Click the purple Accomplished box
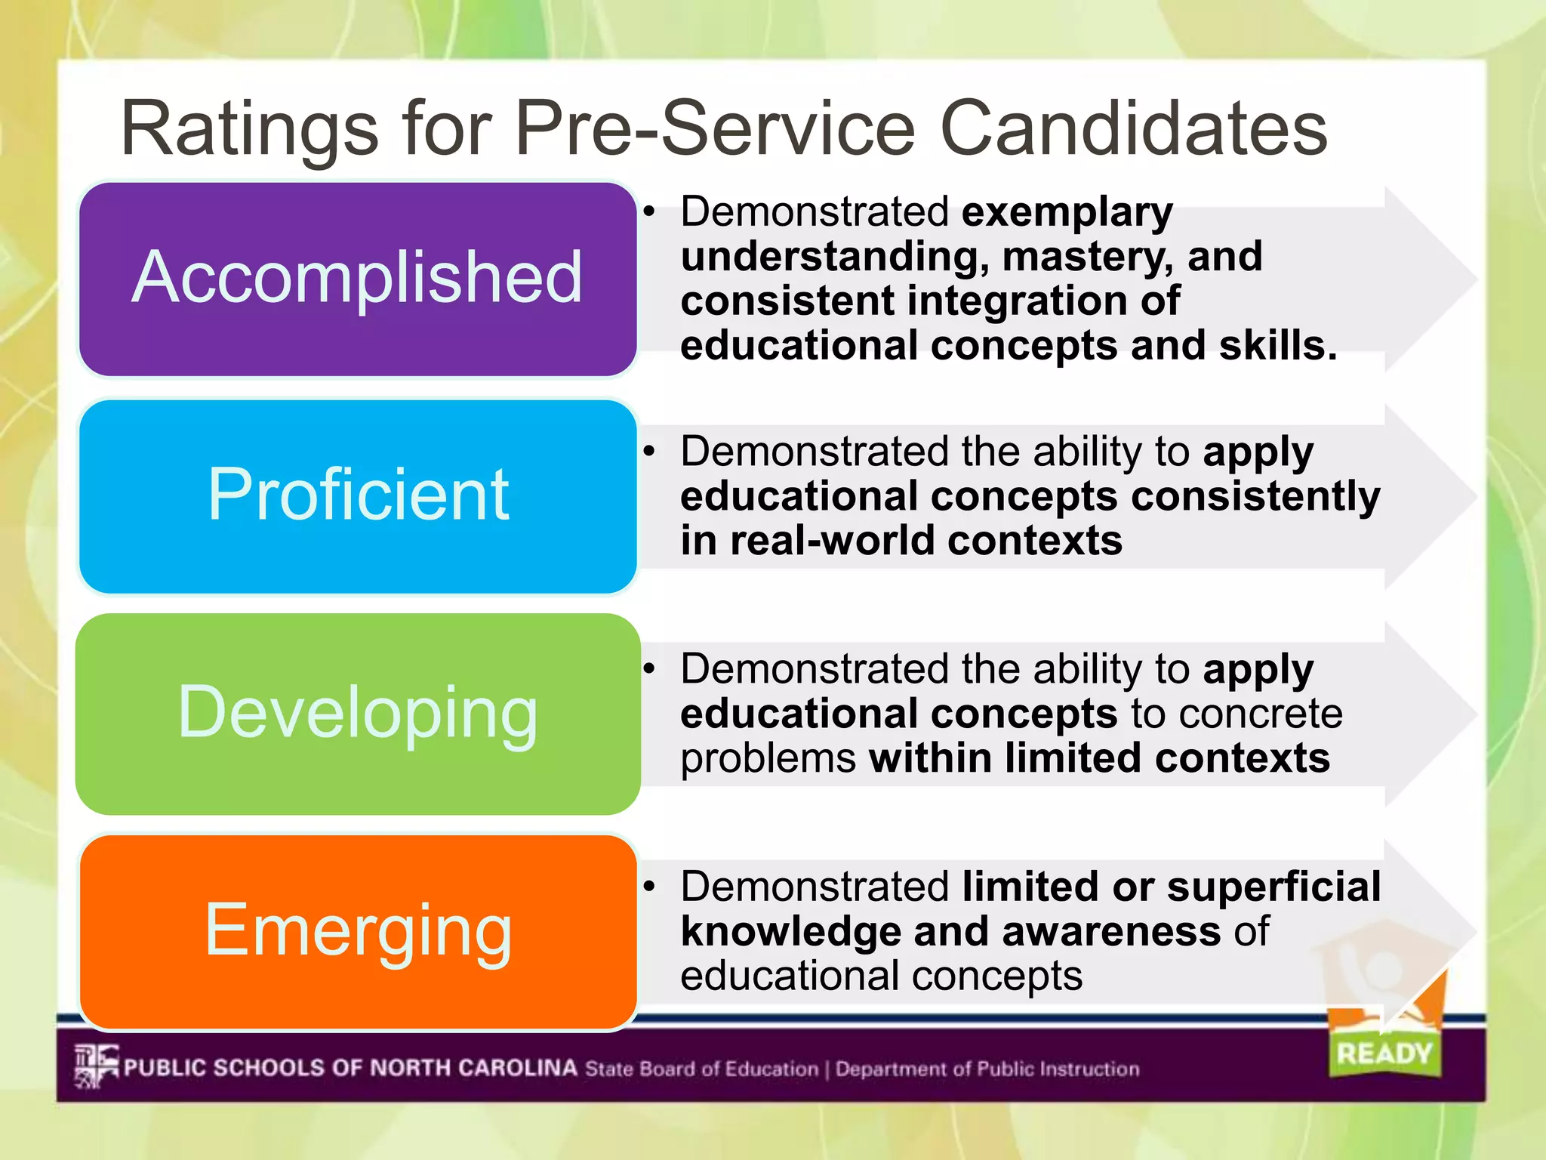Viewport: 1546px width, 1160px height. point(357,279)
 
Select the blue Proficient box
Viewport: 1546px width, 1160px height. point(357,496)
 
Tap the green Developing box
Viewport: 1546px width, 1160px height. point(357,714)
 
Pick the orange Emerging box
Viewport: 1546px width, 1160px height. point(357,931)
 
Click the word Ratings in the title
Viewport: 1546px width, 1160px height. point(249,130)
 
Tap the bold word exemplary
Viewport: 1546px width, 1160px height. point(1067,212)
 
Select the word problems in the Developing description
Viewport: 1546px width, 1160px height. point(768,760)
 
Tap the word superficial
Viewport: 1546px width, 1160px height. point(1273,887)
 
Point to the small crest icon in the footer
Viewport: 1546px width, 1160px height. point(97,1066)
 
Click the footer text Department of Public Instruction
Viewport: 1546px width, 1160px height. point(987,1069)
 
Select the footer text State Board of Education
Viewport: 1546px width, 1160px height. point(701,1069)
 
